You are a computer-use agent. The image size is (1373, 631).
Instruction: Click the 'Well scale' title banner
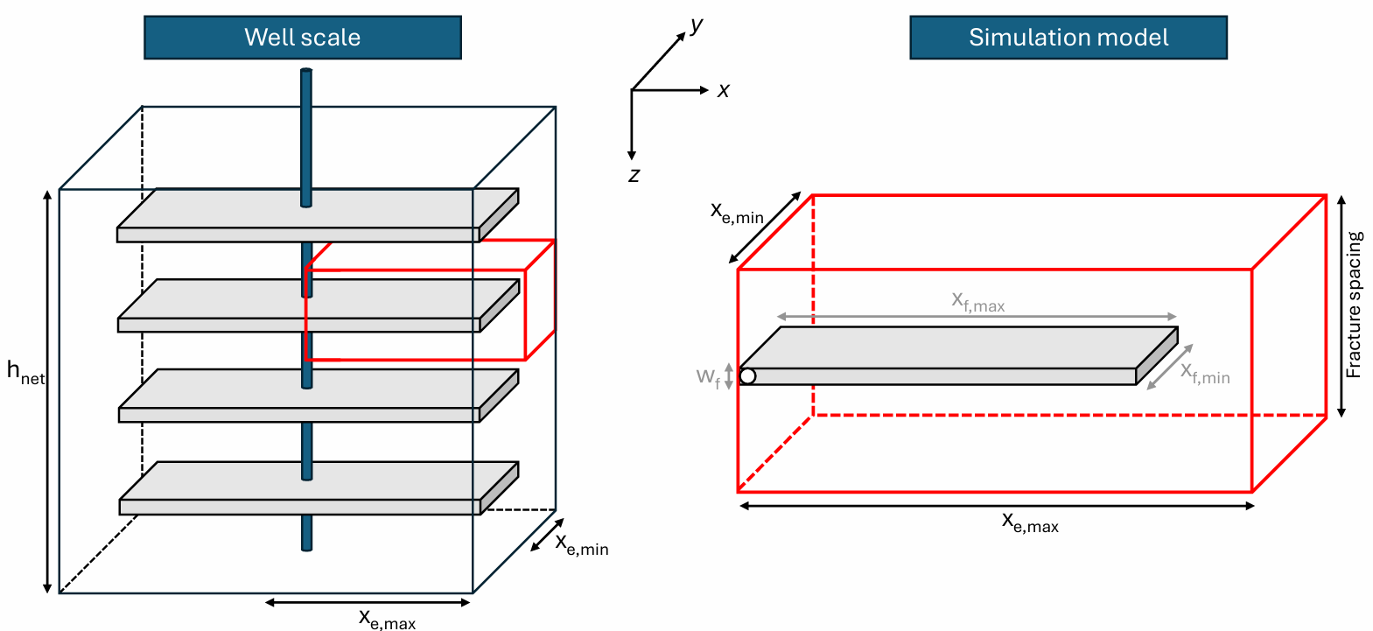click(x=303, y=38)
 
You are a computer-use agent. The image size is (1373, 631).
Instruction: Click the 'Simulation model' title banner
click(x=1068, y=38)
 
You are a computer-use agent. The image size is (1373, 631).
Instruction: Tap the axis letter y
click(x=697, y=25)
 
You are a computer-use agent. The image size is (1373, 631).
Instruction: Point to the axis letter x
click(x=724, y=90)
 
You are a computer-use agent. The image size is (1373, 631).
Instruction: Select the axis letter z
click(x=634, y=175)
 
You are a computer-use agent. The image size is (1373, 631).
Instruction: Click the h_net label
click(x=25, y=372)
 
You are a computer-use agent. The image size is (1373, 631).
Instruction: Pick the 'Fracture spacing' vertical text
click(x=1354, y=305)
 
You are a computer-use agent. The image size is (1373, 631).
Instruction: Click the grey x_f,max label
click(x=978, y=302)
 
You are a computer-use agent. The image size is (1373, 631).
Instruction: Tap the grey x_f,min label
click(x=1206, y=374)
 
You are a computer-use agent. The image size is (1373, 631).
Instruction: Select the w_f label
click(x=708, y=376)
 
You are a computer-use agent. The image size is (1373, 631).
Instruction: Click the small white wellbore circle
click(x=747, y=376)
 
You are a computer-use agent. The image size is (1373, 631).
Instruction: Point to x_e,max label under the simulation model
click(x=1030, y=523)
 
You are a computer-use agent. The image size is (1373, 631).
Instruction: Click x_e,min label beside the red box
click(x=737, y=213)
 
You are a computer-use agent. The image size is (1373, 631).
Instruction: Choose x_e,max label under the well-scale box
click(x=387, y=619)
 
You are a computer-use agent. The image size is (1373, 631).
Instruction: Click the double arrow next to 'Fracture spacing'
click(x=1341, y=306)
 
